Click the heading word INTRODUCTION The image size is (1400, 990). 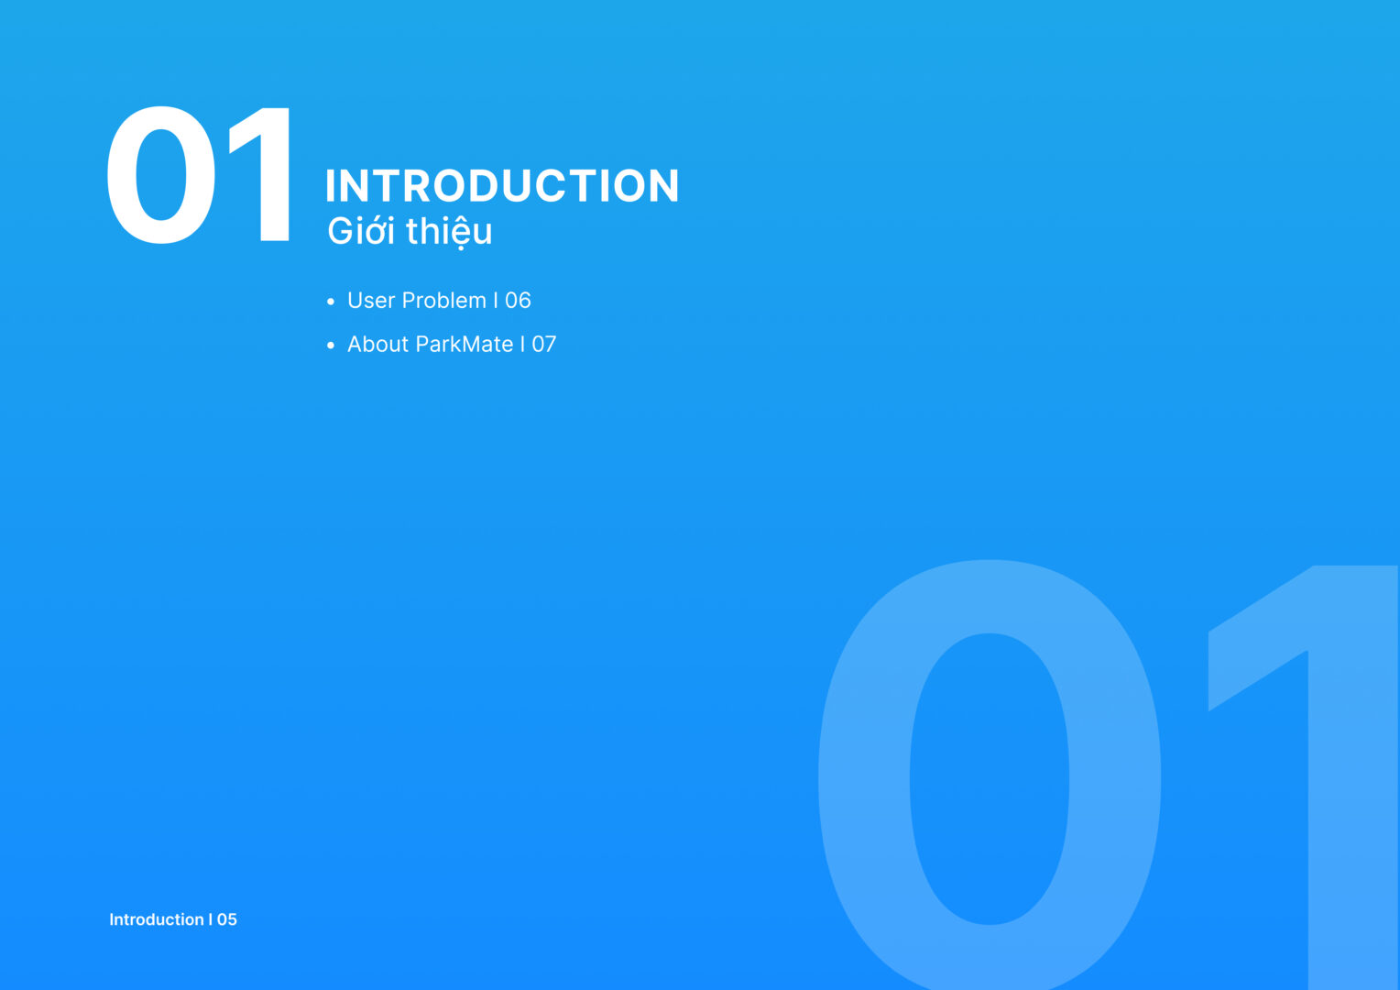(502, 186)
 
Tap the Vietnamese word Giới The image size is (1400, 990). (361, 231)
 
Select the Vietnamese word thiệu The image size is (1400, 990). (449, 232)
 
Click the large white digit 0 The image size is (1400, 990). (161, 174)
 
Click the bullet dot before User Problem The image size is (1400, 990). (331, 302)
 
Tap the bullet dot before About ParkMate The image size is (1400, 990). (331, 346)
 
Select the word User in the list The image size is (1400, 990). (371, 301)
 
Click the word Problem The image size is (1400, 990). (444, 301)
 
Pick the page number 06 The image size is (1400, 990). (518, 301)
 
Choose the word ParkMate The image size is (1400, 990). (465, 344)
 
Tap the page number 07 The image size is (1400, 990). (543, 345)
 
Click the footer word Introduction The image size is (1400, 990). (157, 919)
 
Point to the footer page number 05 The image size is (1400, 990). (227, 920)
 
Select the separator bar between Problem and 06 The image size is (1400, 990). (496, 301)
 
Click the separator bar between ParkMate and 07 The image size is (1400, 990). (522, 344)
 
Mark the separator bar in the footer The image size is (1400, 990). (211, 919)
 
